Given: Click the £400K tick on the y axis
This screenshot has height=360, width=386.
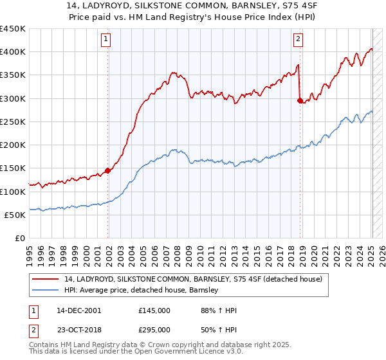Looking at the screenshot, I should (x=13, y=52).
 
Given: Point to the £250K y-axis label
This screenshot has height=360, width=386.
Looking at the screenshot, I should (x=13, y=122).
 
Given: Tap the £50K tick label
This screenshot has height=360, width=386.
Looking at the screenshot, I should (x=15, y=215).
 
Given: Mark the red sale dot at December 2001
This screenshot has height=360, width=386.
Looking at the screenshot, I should (x=108, y=171).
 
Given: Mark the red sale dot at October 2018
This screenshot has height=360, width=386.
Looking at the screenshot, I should (x=300, y=100).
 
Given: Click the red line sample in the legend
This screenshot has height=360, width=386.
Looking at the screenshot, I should (x=46, y=278).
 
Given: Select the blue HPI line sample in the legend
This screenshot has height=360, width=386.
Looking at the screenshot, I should (x=46, y=290).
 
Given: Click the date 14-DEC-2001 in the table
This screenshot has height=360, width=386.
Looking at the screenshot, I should (x=78, y=310).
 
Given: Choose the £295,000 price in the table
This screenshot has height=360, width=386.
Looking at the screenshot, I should (x=154, y=329).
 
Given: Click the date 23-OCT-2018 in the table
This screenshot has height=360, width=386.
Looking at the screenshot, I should (x=78, y=329).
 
